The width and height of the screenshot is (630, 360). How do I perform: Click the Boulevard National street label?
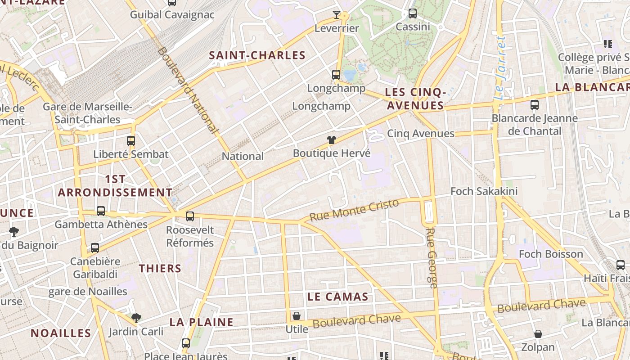pos(188,90)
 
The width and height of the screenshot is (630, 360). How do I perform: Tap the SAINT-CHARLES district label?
pos(257,55)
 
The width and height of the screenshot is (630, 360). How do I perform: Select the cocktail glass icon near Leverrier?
pos(337,15)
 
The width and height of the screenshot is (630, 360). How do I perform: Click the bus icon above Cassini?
pos(413,13)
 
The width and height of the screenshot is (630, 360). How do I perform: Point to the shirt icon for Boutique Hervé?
pos(332,140)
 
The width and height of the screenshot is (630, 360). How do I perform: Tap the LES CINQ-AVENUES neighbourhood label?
pos(415,99)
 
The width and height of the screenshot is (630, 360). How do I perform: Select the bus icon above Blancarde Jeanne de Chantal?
pos(535,105)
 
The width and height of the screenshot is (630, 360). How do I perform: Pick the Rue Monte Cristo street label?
pos(355,210)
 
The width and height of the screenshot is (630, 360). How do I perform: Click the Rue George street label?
pos(431,258)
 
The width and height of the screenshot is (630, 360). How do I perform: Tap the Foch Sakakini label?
pos(484,191)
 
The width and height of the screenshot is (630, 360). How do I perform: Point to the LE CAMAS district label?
pos(338,297)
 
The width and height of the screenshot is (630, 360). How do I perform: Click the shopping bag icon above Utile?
pos(297,316)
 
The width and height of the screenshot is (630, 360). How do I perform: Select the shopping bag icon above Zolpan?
pos(538,334)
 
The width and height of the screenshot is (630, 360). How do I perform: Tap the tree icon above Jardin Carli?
pos(136,318)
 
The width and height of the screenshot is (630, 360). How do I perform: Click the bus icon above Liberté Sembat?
pos(131,140)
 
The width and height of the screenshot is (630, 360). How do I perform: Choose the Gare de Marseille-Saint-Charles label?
pos(87,113)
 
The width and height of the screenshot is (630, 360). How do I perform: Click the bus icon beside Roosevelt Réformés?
pos(190,216)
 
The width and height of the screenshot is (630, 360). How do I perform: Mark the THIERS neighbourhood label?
pos(160,269)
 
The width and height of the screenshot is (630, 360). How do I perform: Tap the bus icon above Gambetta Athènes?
pos(101,211)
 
